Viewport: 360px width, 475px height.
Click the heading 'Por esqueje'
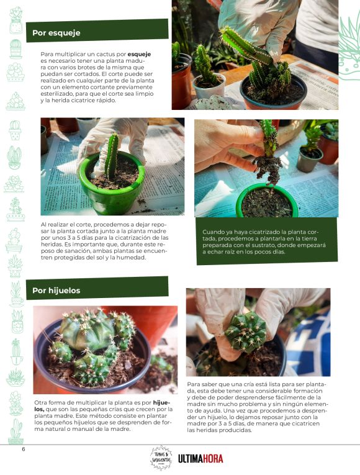tap(56, 33)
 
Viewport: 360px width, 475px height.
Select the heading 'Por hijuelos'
tap(56, 290)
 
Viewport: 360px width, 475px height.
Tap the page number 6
tap(24, 449)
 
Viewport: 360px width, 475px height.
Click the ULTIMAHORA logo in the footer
tap(200, 459)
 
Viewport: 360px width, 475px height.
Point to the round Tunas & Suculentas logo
tap(161, 458)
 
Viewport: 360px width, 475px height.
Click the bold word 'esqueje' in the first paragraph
tap(139, 55)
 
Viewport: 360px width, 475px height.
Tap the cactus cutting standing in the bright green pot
tap(112, 156)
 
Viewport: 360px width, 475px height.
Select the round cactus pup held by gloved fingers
tap(246, 332)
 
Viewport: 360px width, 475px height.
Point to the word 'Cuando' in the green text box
tap(212, 232)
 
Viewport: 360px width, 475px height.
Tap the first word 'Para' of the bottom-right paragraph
tap(192, 384)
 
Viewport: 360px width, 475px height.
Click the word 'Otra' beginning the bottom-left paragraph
tap(40, 402)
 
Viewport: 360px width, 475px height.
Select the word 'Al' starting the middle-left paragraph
tap(43, 225)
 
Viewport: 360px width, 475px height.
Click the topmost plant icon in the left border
tap(16, 20)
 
